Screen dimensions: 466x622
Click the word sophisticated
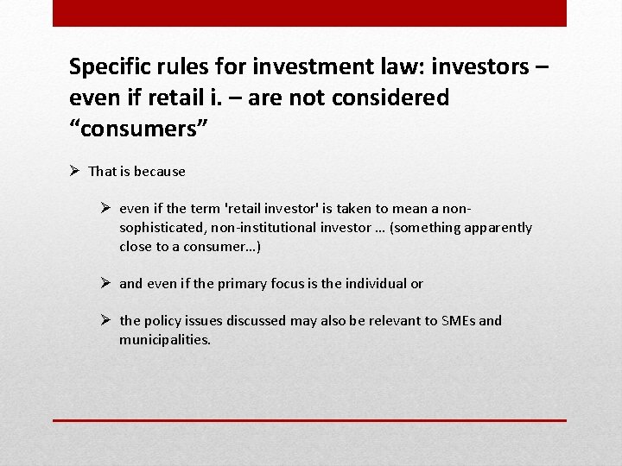tap(160, 228)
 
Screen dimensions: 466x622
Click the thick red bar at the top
tap(309, 13)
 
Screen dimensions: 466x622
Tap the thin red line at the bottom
tap(309, 420)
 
